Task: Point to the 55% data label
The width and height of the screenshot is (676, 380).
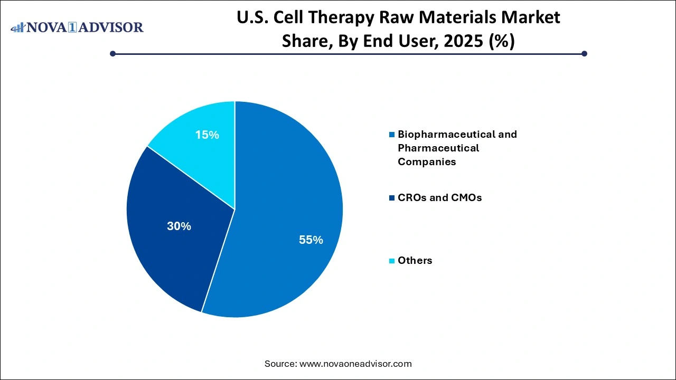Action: point(311,240)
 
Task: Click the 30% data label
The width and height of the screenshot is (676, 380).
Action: point(179,226)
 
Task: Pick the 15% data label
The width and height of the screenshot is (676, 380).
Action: point(207,135)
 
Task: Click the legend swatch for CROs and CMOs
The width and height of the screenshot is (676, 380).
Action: point(391,198)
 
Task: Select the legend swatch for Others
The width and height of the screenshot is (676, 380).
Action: point(391,261)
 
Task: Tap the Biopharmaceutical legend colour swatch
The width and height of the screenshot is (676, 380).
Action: point(391,135)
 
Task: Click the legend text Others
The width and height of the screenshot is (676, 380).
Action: point(415,260)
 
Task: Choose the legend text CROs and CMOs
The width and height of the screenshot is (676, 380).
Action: point(439,198)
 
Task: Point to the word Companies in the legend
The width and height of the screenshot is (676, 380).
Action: point(427,162)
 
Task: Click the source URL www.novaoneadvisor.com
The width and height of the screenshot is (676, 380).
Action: point(355,364)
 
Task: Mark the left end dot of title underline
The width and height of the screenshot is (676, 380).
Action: point(112,53)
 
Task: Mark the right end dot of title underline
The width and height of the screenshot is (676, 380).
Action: point(584,53)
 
